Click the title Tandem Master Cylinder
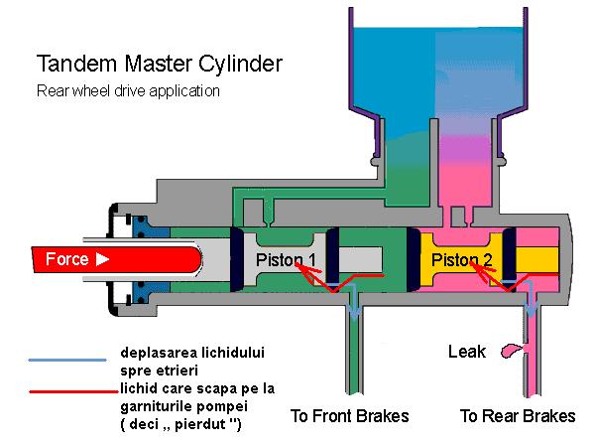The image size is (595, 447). click(160, 65)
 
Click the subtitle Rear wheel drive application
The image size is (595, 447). click(128, 91)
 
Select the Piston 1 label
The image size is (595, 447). click(287, 260)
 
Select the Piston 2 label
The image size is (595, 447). click(461, 260)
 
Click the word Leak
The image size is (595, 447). click(467, 351)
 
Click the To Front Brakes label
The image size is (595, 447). click(349, 415)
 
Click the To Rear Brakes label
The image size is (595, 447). click(518, 415)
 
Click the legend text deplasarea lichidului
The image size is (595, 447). click(192, 353)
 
